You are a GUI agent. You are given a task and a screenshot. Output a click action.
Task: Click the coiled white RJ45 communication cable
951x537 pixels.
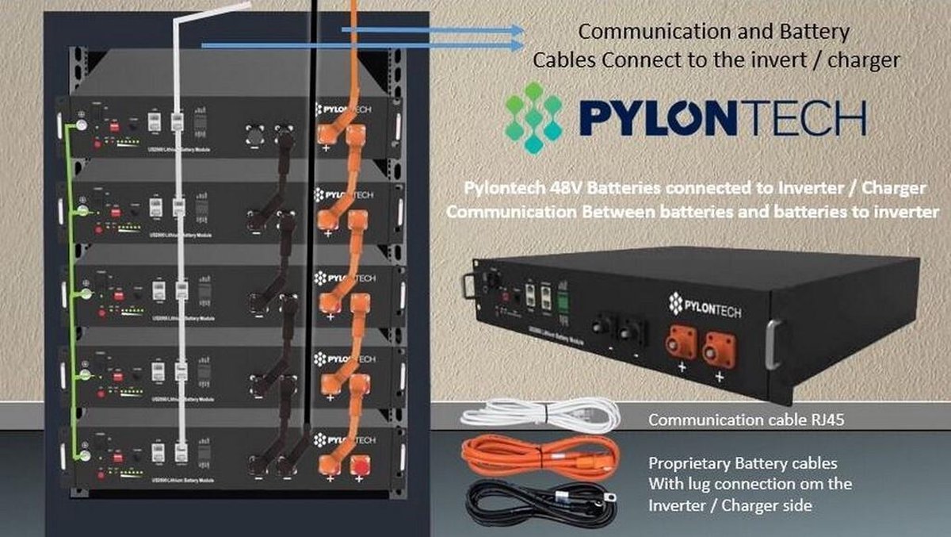[x=539, y=415]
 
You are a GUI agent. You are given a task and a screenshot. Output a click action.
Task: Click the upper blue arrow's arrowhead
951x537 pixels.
[x=519, y=30]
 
